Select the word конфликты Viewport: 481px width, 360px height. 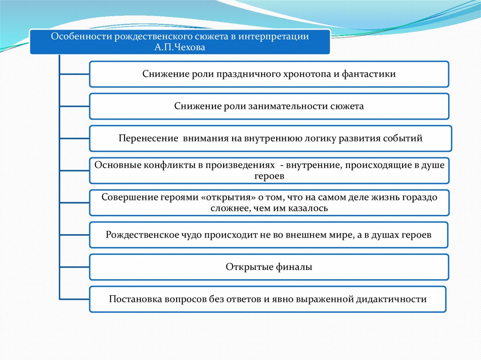[157, 165]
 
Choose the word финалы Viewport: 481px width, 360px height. [295, 267]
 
